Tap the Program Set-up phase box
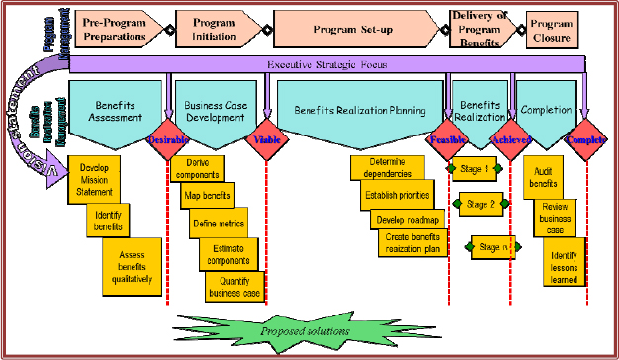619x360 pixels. [x=354, y=29]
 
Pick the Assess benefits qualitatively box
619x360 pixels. [x=132, y=266]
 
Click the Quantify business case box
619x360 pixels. [x=234, y=286]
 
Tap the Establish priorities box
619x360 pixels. [x=396, y=195]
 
